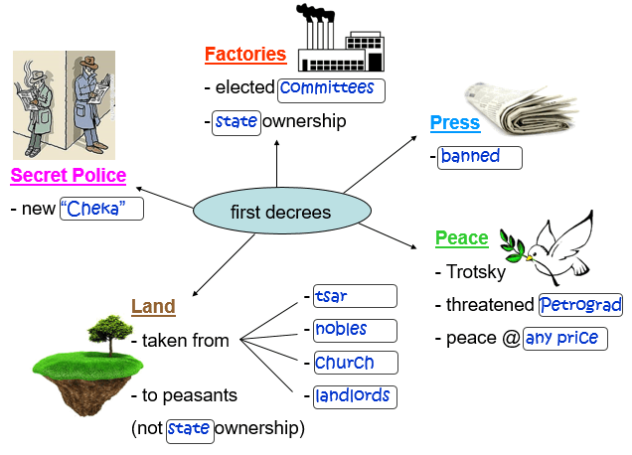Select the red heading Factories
pyautogui.click(x=244, y=55)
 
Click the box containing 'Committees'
pyautogui.click(x=331, y=89)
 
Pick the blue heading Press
pyautogui.click(x=454, y=123)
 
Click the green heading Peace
pyautogui.click(x=461, y=238)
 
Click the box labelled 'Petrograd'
pyautogui.click(x=580, y=305)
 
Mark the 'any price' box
pyautogui.click(x=564, y=338)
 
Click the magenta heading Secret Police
pyautogui.click(x=69, y=176)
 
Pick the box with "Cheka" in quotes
pyautogui.click(x=101, y=209)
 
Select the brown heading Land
pyautogui.click(x=153, y=307)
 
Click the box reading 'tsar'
pyautogui.click(x=354, y=296)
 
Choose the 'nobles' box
pyautogui.click(x=354, y=330)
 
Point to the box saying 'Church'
pyautogui.click(x=355, y=363)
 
